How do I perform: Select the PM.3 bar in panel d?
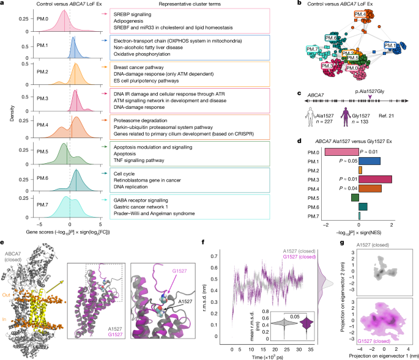pos(375,161)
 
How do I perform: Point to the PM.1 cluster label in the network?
pos(392,45)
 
